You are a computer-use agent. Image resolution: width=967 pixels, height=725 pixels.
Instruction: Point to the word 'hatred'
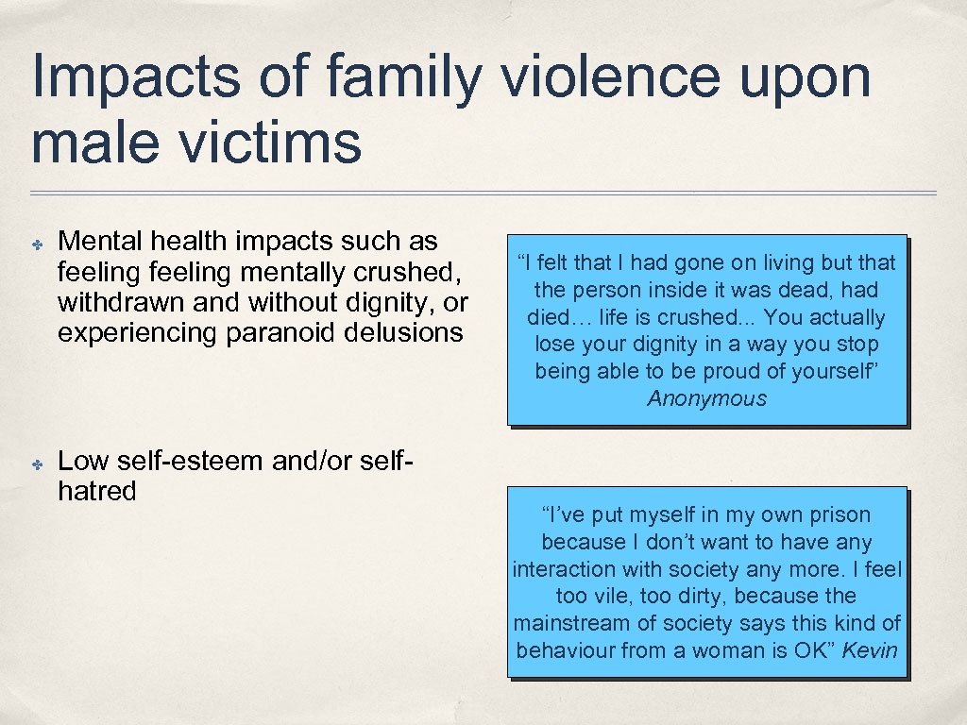pos(97,491)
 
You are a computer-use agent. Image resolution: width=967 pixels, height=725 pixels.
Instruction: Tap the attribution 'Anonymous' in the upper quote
pos(707,398)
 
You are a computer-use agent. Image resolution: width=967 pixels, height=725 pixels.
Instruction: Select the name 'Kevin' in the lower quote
pos(870,650)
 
